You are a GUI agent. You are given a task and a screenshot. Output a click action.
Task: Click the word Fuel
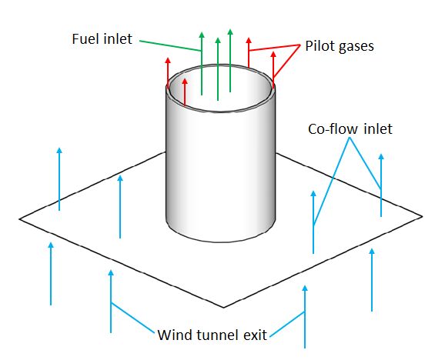pyautogui.click(x=85, y=38)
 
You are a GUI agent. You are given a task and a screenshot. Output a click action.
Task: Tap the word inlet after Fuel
pyautogui.click(x=118, y=38)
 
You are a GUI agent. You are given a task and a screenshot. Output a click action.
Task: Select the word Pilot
pyautogui.click(x=320, y=46)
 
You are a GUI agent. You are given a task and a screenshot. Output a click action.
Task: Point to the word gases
pyautogui.click(x=356, y=47)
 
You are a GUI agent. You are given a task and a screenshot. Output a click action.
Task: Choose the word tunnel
pyautogui.click(x=218, y=335)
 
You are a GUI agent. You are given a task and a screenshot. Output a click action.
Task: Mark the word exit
pyautogui.click(x=256, y=335)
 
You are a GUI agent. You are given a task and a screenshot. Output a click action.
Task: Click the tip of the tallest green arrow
pyautogui.click(x=230, y=28)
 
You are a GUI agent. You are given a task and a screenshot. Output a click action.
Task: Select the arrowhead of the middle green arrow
pyautogui.click(x=218, y=41)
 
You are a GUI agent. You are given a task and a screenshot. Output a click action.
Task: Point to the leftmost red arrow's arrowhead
pyautogui.click(x=168, y=61)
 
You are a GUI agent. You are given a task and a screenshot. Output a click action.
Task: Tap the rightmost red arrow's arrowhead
pyautogui.click(x=273, y=55)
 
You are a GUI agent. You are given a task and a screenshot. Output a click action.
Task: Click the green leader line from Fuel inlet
pyautogui.click(x=170, y=45)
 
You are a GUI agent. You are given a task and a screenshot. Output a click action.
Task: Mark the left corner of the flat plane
pyautogui.click(x=19, y=219)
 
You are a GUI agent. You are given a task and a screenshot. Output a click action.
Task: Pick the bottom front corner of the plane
pyautogui.click(x=223, y=307)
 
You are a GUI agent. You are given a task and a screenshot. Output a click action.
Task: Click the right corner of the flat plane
pyautogui.click(x=422, y=216)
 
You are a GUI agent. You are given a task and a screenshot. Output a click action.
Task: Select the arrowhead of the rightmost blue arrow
pyautogui.click(x=381, y=157)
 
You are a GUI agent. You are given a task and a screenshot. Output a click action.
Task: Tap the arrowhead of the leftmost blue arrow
pyautogui.click(x=51, y=245)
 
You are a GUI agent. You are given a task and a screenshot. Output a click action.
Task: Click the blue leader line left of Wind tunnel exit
pyautogui.click(x=132, y=318)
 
